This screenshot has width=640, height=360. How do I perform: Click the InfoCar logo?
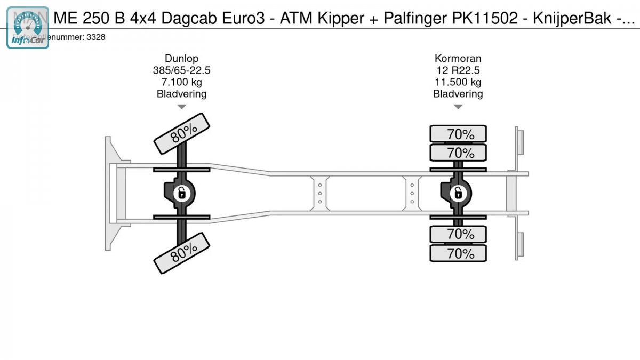pyautogui.click(x=28, y=29)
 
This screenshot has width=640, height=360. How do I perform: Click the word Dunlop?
pyautogui.click(x=181, y=59)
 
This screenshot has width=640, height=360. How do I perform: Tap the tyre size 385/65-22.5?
pyautogui.click(x=181, y=70)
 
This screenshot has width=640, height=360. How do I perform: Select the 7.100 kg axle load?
pyautogui.click(x=181, y=82)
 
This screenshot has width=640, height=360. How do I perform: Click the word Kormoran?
pyautogui.click(x=458, y=59)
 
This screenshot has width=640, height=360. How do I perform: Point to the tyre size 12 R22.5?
pyautogui.click(x=458, y=70)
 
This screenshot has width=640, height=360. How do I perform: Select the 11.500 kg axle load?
pyautogui.click(x=458, y=82)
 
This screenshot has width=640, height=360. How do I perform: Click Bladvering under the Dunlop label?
pyautogui.click(x=181, y=94)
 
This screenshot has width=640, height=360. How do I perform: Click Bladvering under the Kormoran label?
pyautogui.click(x=458, y=94)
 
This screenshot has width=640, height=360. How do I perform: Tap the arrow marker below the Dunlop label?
pyautogui.click(x=181, y=107)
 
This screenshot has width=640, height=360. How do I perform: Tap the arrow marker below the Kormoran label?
pyautogui.click(x=458, y=107)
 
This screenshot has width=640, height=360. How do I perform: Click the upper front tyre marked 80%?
pyautogui.click(x=182, y=133)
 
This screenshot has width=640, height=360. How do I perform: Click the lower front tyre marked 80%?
pyautogui.click(x=182, y=253)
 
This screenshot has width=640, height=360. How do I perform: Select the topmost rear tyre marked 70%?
pyautogui.click(x=458, y=133)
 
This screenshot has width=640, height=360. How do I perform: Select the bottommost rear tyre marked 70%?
pyautogui.click(x=458, y=253)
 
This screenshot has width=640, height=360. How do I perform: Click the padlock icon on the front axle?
pyautogui.click(x=181, y=193)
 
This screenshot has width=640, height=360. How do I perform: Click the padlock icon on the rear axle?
pyautogui.click(x=458, y=193)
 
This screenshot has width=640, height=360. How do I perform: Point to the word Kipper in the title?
pyautogui.click(x=341, y=19)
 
